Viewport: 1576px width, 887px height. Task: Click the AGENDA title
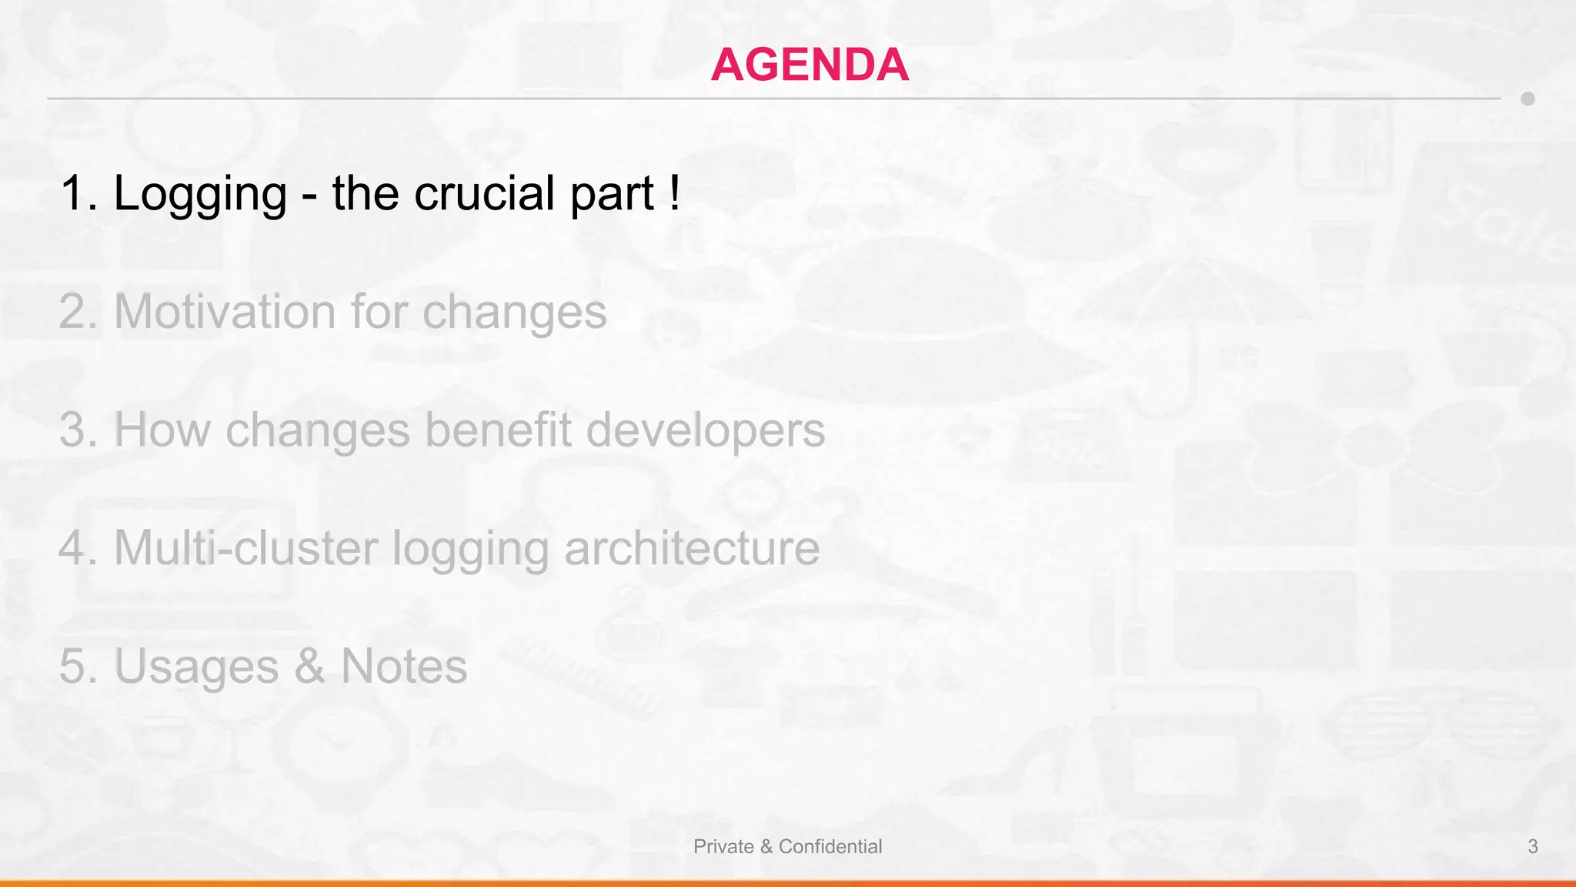pos(810,65)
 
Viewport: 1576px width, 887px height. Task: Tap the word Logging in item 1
pos(200,193)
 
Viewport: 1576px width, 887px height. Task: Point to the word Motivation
pos(225,312)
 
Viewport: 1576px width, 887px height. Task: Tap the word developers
pos(705,431)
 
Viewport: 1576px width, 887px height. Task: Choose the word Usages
pos(196,667)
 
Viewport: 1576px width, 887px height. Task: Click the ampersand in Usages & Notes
pos(309,667)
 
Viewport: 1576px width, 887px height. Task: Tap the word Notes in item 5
pos(404,666)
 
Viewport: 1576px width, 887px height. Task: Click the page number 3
pos(1532,847)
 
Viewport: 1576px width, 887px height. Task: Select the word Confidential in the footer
pos(830,847)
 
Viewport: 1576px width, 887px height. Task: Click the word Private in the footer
pos(723,847)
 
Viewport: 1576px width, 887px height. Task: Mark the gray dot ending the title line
pos(1528,99)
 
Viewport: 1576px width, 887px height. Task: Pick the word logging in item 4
pos(470,549)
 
